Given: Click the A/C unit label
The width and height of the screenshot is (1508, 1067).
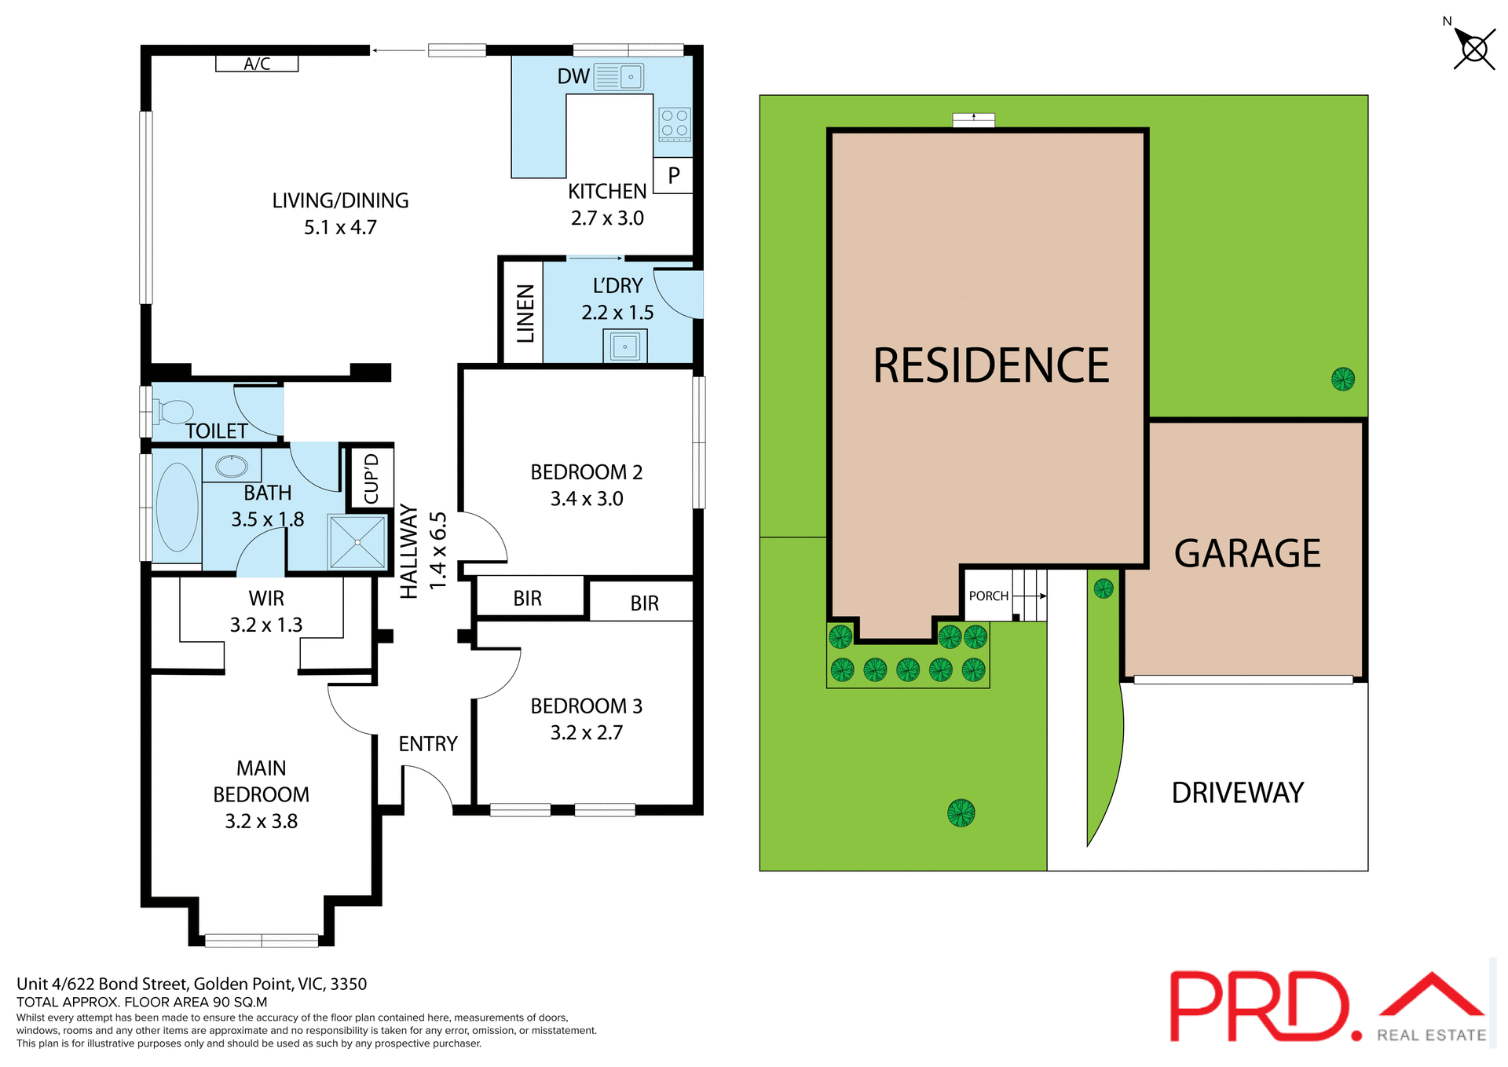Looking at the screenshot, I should [x=257, y=64].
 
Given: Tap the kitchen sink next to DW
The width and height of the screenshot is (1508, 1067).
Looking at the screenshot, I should [x=618, y=77].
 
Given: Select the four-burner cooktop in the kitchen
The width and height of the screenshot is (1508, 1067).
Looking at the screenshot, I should [x=674, y=123].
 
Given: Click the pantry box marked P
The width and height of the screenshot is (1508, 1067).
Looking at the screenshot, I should [x=673, y=175].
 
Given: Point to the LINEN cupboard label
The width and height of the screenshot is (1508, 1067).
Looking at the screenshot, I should [x=525, y=313].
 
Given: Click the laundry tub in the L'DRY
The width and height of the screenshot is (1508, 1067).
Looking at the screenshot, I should [x=625, y=346].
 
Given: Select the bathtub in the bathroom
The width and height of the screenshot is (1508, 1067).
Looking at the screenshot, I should [x=178, y=507].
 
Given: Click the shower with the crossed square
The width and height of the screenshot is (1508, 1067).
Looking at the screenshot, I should [x=357, y=541].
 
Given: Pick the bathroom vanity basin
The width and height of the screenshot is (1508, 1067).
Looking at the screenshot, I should [x=232, y=466].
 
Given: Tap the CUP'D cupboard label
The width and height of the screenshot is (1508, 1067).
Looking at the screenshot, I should [x=371, y=478].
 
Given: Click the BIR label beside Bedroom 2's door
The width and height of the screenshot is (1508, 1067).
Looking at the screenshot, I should [x=527, y=599].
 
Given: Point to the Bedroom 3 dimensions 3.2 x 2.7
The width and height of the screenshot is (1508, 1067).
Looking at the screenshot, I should [x=586, y=732].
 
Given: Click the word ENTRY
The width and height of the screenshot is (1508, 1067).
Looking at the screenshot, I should [x=428, y=744].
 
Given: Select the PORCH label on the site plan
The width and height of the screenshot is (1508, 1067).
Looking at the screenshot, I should [x=988, y=596].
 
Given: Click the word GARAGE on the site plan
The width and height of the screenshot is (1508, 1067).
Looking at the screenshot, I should [x=1247, y=553].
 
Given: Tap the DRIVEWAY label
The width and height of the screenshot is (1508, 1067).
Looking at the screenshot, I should [x=1237, y=793].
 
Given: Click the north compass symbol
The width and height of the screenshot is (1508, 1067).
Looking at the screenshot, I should [x=1473, y=49].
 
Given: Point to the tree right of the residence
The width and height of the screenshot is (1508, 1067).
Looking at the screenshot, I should [x=1342, y=379].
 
